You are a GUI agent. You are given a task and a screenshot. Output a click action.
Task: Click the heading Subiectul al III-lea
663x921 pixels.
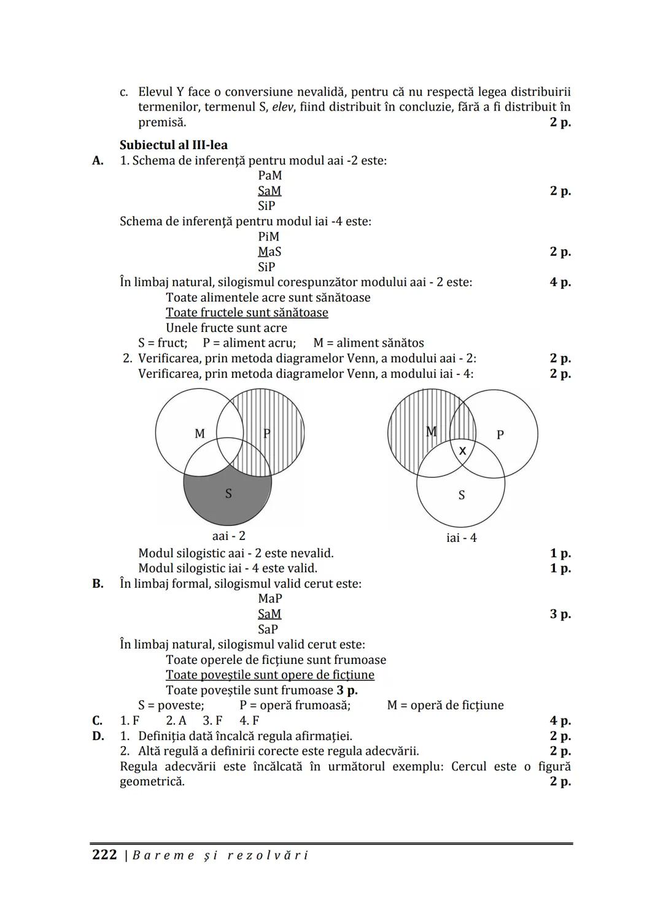click(x=173, y=145)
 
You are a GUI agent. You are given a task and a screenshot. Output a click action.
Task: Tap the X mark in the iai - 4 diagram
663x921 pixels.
click(x=463, y=450)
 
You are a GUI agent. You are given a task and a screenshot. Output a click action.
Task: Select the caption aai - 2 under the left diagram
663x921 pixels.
click(x=228, y=536)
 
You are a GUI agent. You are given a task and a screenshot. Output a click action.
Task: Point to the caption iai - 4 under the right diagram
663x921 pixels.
click(x=461, y=538)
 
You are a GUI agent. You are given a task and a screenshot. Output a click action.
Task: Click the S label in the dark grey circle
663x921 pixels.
click(x=228, y=493)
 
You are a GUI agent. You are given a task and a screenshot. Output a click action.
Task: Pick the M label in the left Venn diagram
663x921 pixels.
click(x=200, y=434)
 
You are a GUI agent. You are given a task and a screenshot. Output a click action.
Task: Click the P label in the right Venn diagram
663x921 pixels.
click(x=500, y=434)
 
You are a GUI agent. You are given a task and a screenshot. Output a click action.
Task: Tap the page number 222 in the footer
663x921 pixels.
click(x=104, y=855)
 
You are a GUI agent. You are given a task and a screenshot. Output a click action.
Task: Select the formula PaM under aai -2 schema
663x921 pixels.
click(x=270, y=175)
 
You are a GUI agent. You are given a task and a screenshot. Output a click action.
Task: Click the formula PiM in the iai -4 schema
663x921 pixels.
click(x=269, y=237)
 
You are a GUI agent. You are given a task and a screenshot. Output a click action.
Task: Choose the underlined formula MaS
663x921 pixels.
click(x=270, y=252)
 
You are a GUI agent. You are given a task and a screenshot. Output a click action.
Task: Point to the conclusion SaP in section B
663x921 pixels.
click(x=268, y=629)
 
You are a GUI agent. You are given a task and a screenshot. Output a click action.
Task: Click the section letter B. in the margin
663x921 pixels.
click(x=98, y=584)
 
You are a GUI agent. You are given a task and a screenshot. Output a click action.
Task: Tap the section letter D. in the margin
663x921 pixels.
click(x=98, y=736)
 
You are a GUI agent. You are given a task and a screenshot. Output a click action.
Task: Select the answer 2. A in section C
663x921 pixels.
click(x=176, y=720)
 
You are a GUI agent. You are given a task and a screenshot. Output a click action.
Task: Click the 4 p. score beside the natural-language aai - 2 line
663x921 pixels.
click(x=560, y=282)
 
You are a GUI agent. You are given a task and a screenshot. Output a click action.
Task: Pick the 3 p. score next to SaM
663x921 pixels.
click(x=560, y=614)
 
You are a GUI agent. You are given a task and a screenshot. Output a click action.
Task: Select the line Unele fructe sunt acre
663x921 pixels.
click(x=227, y=328)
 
